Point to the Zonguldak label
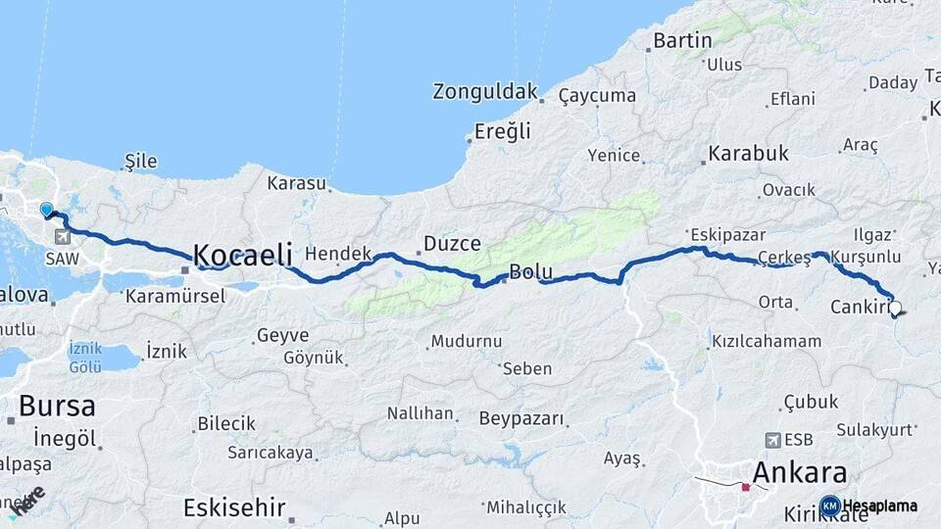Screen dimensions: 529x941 [485, 92]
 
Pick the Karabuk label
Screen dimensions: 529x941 [748, 154]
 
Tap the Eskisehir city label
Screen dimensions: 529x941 [234, 507]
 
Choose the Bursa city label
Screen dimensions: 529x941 [57, 406]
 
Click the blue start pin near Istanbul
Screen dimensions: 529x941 [46, 209]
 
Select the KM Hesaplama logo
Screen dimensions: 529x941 [868, 505]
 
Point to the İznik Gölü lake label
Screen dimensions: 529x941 [85, 358]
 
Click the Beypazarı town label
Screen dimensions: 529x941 [522, 419]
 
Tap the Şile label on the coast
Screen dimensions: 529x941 [141, 161]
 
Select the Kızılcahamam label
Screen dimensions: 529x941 [767, 341]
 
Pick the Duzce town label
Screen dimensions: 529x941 [452, 244]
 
